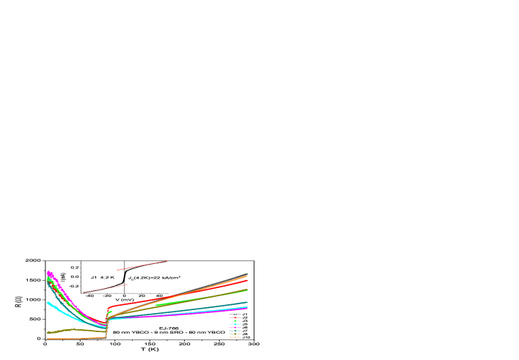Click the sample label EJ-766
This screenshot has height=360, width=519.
tap(169, 328)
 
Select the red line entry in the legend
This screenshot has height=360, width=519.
tap(235, 317)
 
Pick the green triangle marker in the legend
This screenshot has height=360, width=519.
tap(235, 320)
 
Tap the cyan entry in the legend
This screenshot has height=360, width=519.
tap(235, 323)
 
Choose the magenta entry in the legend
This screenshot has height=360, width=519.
tap(235, 326)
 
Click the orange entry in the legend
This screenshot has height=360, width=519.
tap(235, 337)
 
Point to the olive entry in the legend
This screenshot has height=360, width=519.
tap(235, 334)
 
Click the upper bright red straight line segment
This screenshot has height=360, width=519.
tap(142, 265)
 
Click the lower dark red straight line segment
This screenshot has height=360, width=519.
tap(104, 288)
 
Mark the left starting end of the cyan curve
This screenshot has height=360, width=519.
tap(48, 302)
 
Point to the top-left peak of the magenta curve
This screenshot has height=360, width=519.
tap(48, 272)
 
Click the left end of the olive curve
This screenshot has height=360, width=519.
tap(48, 332)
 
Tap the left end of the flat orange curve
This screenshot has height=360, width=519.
tap(48, 339)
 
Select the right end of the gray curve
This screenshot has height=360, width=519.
tap(247, 273)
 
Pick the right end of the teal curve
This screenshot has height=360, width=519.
tap(247, 302)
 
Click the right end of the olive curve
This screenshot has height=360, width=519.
tap(247, 290)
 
